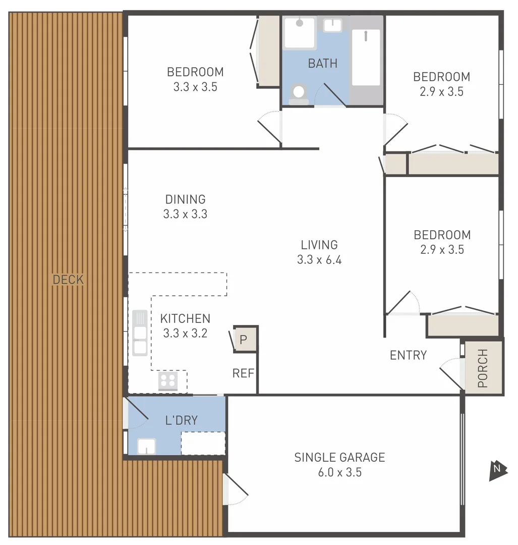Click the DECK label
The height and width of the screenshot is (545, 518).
pos(68,280)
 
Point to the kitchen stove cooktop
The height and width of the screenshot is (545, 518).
pos(168,381)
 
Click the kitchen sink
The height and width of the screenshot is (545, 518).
pos(140,333)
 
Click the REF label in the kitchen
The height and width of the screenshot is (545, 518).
pos(243,373)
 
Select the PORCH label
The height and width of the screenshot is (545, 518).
pos(483,368)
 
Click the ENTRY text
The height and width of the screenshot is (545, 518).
pos(408,355)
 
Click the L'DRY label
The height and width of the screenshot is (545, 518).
pos(181,420)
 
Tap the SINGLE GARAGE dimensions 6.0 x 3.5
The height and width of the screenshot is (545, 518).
pos(339,473)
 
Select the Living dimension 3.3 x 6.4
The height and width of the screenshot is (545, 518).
pos(319,260)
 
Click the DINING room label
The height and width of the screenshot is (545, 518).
pos(185,199)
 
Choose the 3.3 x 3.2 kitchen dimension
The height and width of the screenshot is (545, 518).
pos(185,334)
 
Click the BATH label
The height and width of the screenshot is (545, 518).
pos(322,64)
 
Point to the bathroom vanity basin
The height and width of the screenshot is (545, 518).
pos(332,25)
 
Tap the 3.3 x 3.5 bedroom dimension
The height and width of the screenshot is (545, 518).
pos(195,87)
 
